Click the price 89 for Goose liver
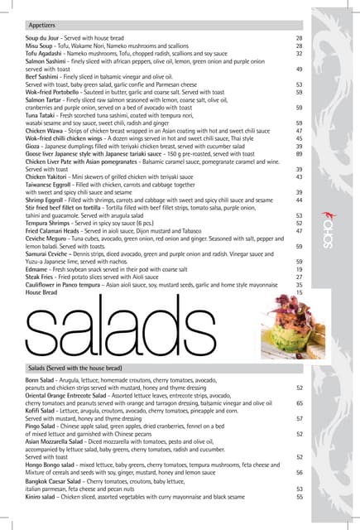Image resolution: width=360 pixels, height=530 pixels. [299, 154]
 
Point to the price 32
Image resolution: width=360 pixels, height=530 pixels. [299, 53]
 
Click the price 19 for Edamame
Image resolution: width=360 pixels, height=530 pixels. [299, 269]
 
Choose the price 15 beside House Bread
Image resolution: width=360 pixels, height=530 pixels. [299, 292]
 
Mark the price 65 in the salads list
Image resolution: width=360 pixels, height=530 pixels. [299, 402]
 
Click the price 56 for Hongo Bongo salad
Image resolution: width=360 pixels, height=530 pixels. [299, 472]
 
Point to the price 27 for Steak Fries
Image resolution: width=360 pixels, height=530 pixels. [299, 277]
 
